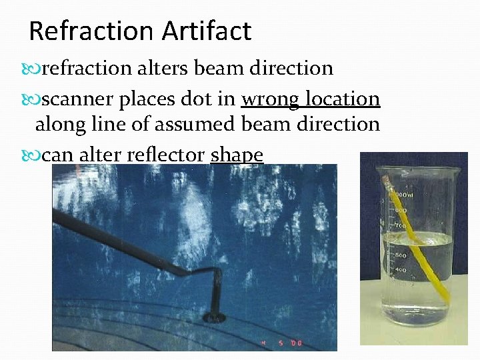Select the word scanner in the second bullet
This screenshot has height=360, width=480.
[x=77, y=99]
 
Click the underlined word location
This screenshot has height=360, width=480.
[x=344, y=99]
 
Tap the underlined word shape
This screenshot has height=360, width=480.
[x=237, y=156]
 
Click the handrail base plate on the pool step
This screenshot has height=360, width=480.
[x=215, y=315]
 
